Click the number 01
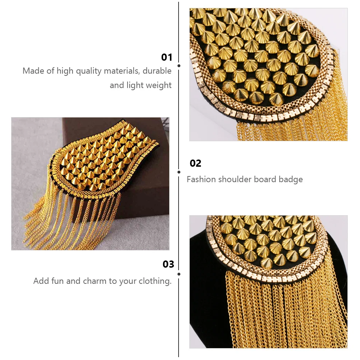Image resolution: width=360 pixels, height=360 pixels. (167, 57)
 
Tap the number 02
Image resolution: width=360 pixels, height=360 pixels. (195, 163)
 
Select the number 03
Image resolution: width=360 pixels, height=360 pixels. (168, 264)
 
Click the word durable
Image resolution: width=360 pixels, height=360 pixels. (157, 71)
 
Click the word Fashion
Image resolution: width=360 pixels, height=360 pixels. (201, 179)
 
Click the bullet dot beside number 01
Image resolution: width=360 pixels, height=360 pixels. (179, 66)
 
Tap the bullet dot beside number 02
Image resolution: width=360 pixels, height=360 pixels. (179, 172)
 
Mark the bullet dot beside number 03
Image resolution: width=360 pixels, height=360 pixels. (179, 274)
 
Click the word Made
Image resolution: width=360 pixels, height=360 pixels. (33, 71)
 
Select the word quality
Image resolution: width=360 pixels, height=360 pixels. (88, 71)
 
